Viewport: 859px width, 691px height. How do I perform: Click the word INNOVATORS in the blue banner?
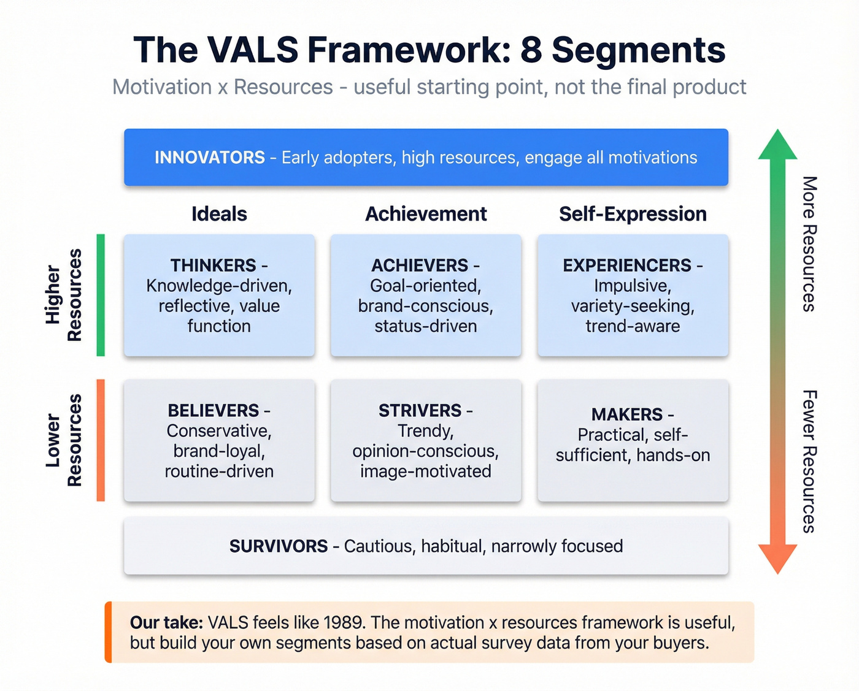pos(209,158)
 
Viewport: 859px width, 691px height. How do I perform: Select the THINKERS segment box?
pos(219,295)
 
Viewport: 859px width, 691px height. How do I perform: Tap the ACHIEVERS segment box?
pos(426,295)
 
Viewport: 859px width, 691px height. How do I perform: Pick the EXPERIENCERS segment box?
pos(633,295)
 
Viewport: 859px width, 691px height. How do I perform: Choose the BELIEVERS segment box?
pos(219,440)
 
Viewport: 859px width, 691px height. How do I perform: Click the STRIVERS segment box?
pos(426,440)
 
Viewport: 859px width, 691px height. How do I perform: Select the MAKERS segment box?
pos(633,440)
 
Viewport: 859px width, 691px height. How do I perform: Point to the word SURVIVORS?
pos(279,546)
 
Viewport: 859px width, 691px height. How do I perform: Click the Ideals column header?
pos(219,214)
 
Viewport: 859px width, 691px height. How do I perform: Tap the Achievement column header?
pos(426,214)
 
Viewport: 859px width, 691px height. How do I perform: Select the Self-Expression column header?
pos(633,214)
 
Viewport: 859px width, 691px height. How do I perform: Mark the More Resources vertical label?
pos(809,244)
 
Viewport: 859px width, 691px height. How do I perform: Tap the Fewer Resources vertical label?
pos(809,461)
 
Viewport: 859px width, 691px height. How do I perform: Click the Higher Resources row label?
pos(63,295)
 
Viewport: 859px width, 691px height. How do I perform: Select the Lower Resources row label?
pos(63,440)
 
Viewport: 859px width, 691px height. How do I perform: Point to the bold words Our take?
pos(166,622)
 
